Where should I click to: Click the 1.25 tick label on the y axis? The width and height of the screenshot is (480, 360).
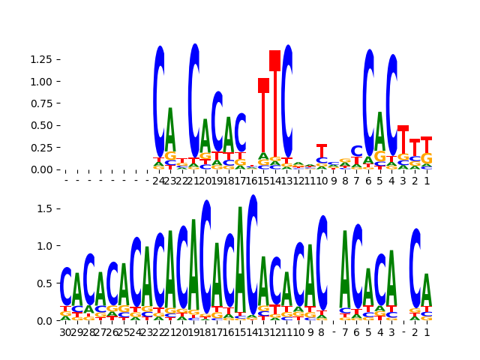point(42,59)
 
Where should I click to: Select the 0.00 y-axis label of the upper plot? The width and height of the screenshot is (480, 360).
point(42,169)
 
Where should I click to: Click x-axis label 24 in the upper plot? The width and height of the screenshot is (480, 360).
point(159,181)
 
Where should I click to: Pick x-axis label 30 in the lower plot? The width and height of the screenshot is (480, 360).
point(66,331)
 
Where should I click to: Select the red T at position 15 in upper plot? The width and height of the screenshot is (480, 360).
point(263,85)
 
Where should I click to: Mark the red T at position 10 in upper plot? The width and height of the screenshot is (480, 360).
point(322,150)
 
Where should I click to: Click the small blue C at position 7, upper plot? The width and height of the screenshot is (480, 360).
point(357,151)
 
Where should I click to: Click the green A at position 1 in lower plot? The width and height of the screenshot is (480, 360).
point(427,289)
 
